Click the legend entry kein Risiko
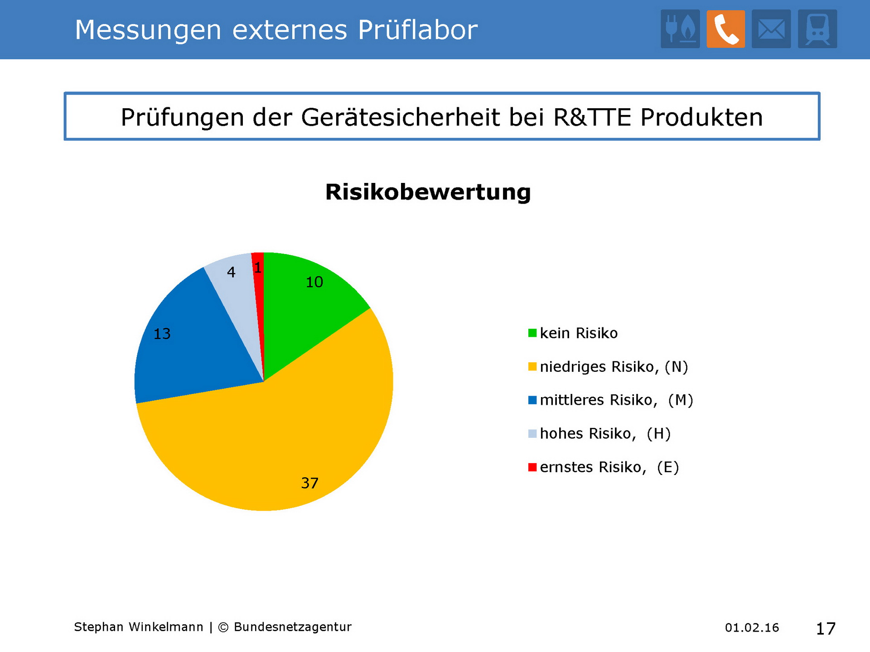(578, 333)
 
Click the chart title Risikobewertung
(428, 192)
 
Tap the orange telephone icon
(725, 29)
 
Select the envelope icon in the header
(771, 29)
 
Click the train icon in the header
(817, 29)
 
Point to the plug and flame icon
(680, 29)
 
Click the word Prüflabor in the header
(417, 30)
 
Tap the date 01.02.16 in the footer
(752, 628)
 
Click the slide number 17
(826, 628)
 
